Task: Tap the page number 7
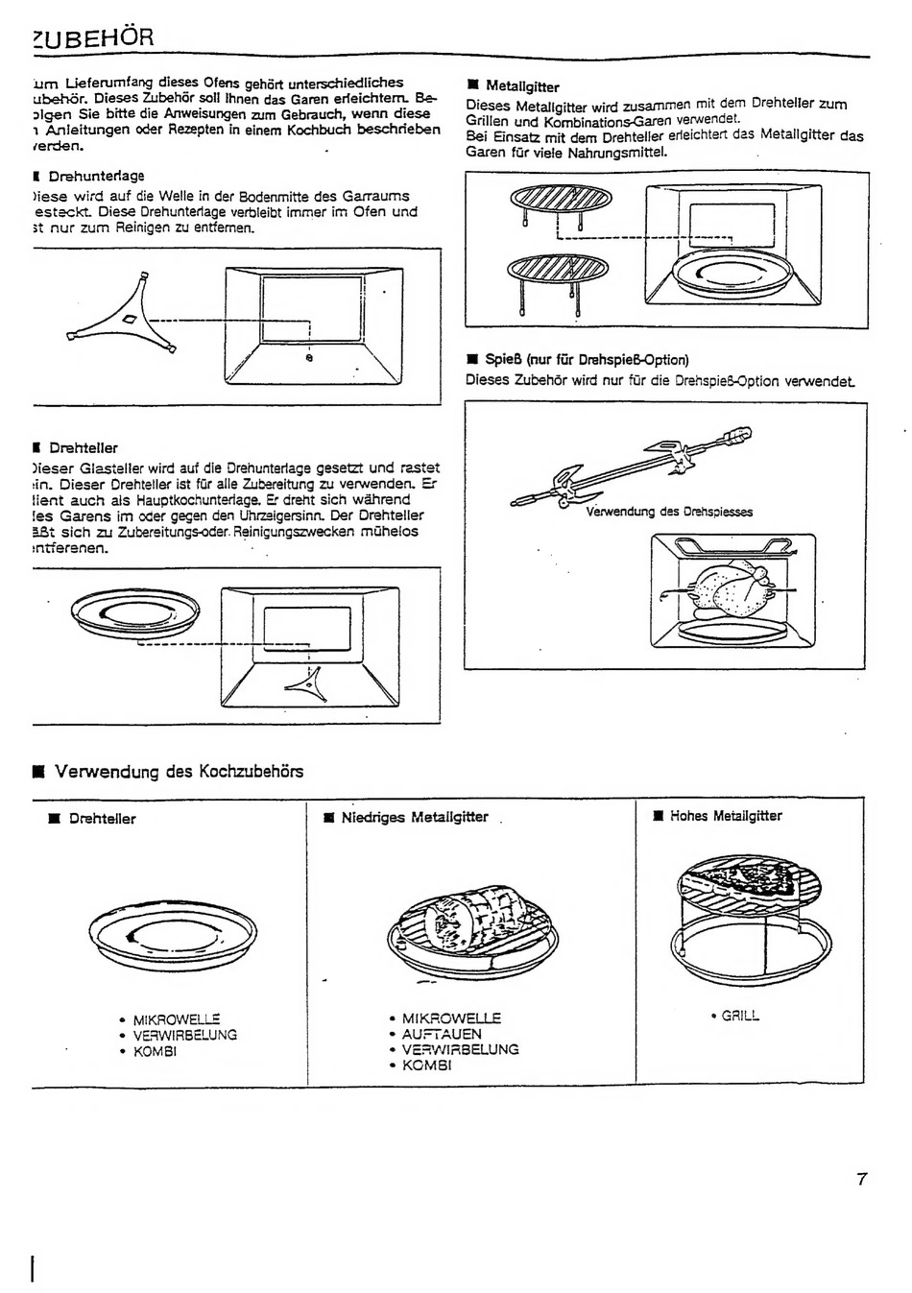[862, 1179]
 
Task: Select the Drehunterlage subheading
[96, 176]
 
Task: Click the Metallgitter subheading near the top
[522, 86]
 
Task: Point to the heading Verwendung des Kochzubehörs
[179, 772]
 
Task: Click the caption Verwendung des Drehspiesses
[669, 512]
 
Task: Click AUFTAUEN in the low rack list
[442, 1034]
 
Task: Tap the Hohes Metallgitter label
[725, 816]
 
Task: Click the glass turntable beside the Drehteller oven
[136, 614]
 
